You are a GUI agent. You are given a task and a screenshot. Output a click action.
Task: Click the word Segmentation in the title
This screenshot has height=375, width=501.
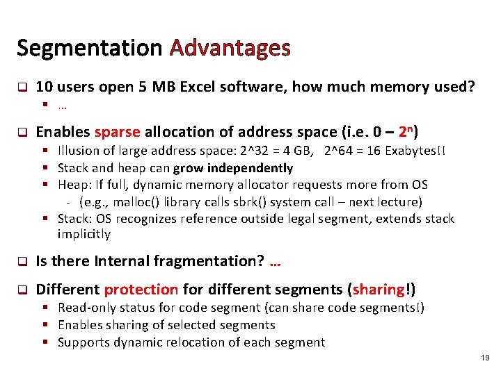pyautogui.click(x=89, y=48)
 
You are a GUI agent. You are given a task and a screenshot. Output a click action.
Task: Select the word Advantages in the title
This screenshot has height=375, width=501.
pyautogui.click(x=230, y=48)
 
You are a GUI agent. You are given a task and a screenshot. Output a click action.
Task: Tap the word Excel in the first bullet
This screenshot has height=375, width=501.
pyautogui.click(x=200, y=87)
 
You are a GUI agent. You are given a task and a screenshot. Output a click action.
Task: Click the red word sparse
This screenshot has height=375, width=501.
pyautogui.click(x=117, y=132)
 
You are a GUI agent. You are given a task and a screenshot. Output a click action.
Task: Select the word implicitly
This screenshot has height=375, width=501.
pyautogui.click(x=83, y=234)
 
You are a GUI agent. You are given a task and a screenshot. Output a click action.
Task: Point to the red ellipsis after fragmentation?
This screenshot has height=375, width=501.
pyautogui.click(x=274, y=262)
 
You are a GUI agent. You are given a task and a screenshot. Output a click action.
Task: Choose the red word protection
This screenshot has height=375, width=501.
pyautogui.click(x=141, y=289)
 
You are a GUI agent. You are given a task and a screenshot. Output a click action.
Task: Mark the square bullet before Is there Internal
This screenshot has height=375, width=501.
pyautogui.click(x=22, y=262)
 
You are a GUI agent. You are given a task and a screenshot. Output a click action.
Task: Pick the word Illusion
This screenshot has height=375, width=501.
pyautogui.click(x=78, y=150)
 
